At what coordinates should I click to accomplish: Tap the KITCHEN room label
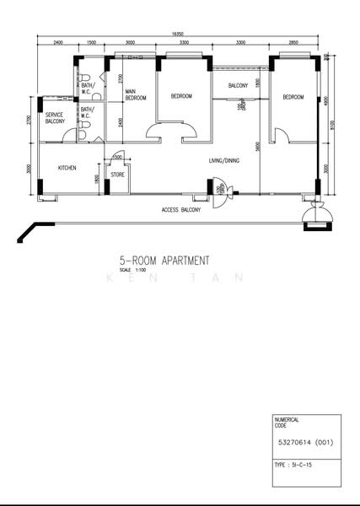coord(67,168)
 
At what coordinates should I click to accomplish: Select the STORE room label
coord(117,175)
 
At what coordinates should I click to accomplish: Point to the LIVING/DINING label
coord(225,160)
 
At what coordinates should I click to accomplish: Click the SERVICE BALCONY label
coord(55,118)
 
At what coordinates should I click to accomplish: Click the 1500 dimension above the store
coord(117,158)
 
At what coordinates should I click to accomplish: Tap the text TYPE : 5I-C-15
coord(296,466)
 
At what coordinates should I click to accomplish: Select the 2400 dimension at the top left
coord(57,41)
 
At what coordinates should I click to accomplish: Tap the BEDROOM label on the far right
coord(293,97)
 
